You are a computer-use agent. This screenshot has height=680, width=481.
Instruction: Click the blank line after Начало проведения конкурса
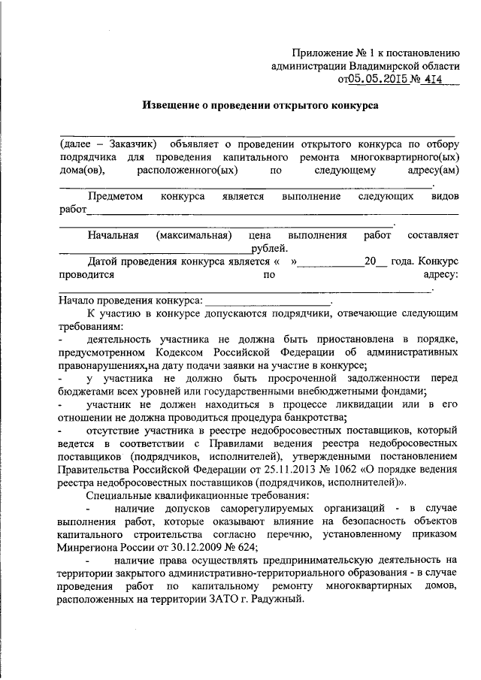[268, 301]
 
